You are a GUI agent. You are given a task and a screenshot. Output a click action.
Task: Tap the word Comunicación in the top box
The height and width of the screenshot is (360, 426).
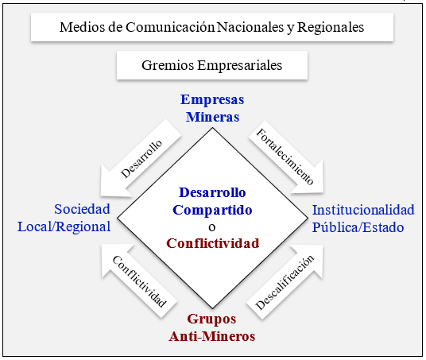(170, 27)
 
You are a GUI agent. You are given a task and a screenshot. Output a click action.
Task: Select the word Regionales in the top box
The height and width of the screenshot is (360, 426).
(331, 28)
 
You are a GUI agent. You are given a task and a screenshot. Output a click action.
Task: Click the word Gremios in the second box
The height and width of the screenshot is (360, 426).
(168, 65)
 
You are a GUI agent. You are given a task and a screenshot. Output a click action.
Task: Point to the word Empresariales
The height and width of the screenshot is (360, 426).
(240, 66)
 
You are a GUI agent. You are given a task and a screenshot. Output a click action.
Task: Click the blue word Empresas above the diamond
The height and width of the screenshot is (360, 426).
(212, 99)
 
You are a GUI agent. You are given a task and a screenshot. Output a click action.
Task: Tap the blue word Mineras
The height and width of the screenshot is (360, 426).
(212, 117)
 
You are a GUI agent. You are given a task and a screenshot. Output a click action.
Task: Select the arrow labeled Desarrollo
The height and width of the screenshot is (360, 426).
(140, 159)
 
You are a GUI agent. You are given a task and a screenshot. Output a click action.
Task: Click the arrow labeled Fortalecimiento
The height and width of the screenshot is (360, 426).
(286, 157)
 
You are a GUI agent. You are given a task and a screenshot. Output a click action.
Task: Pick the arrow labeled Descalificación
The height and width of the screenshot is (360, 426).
(285, 281)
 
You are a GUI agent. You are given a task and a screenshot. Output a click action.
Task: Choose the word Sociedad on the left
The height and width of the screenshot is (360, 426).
(82, 209)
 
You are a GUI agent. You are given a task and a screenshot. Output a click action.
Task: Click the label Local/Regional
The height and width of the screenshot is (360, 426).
(64, 226)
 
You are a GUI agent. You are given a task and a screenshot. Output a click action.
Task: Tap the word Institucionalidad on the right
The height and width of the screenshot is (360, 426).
(363, 210)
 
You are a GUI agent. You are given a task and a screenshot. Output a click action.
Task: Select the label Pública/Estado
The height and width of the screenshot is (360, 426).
(358, 227)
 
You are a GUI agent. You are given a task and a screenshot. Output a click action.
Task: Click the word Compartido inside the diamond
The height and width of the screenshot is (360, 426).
(212, 211)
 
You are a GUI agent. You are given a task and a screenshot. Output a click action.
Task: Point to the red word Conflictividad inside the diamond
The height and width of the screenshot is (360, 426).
(213, 243)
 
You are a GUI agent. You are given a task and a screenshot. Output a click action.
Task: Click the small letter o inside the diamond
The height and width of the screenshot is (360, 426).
(212, 227)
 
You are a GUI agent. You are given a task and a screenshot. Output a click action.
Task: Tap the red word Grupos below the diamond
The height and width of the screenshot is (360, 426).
(211, 319)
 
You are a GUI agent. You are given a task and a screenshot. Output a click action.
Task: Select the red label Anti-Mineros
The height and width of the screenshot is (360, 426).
(212, 336)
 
